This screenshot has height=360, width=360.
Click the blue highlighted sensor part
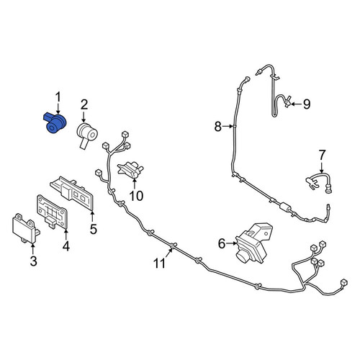pyautogui.click(x=55, y=123)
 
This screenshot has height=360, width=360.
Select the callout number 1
pyautogui.click(x=58, y=98)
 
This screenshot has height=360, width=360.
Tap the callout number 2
pyautogui.click(x=84, y=105)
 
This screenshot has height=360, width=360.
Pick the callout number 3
pyautogui.click(x=34, y=261)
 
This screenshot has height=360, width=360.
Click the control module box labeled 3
pyautogui.click(x=25, y=228)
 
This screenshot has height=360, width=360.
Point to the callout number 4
pyautogui.click(x=66, y=246)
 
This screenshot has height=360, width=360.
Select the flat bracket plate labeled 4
pyautogui.click(x=52, y=212)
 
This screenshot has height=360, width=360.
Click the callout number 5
pyautogui.click(x=93, y=229)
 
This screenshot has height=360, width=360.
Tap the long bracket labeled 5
pyautogui.click(x=72, y=193)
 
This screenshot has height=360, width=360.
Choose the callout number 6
pyautogui.click(x=222, y=244)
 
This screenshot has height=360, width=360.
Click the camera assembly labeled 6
pyautogui.click(x=254, y=243)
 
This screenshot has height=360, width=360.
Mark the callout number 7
pyautogui.click(x=322, y=155)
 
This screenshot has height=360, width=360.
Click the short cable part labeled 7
pyautogui.click(x=319, y=182)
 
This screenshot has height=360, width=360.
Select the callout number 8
pyautogui.click(x=217, y=126)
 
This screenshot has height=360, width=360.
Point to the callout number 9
pyautogui.click(x=307, y=104)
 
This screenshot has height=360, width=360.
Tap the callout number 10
pyautogui.click(x=136, y=196)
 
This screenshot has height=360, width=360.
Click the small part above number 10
pyautogui.click(x=131, y=169)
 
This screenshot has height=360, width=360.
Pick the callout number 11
pyautogui.click(x=159, y=264)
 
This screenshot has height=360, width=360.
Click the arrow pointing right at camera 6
pyautogui.click(x=231, y=243)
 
